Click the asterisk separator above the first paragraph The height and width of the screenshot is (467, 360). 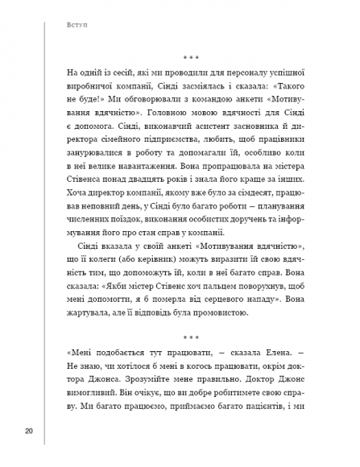[191, 58]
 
